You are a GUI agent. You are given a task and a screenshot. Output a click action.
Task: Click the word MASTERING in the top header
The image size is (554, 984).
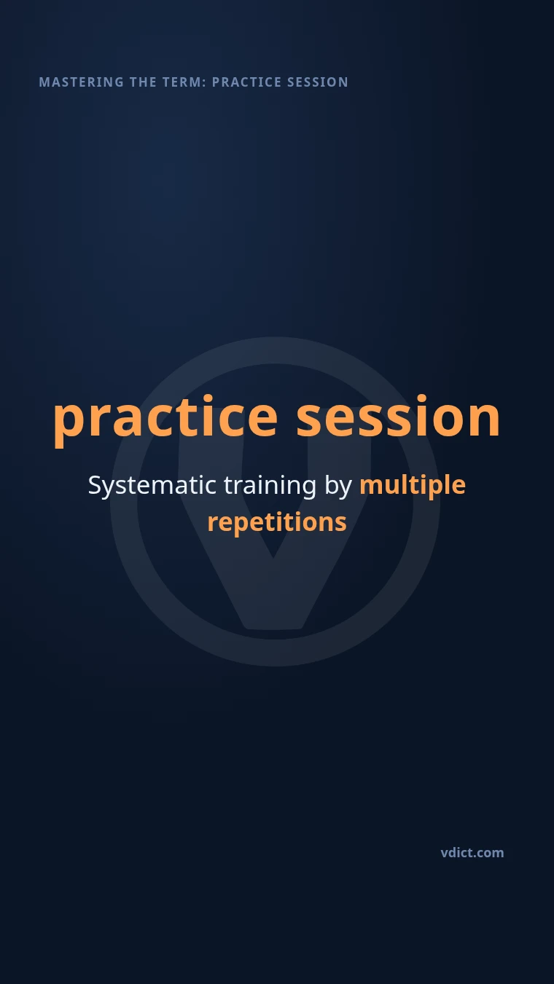[x=82, y=82]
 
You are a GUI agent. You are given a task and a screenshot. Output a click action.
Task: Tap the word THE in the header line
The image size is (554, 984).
[x=143, y=82]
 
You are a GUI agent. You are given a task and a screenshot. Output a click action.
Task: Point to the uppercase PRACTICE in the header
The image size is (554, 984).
[x=246, y=82]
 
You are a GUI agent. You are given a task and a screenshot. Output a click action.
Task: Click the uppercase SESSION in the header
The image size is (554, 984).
[x=317, y=82]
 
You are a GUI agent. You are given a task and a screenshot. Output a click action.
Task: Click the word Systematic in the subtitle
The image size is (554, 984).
[x=152, y=486]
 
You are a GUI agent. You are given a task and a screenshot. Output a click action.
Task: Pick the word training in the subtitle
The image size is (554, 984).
[x=270, y=486]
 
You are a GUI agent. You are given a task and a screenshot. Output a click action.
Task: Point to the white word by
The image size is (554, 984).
[x=338, y=486]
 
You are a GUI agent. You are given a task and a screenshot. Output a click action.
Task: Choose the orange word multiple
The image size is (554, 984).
[x=413, y=486]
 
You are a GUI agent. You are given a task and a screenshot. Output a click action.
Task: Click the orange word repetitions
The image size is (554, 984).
[x=277, y=523]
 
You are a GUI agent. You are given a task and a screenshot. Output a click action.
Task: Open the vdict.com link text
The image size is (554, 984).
[x=472, y=853]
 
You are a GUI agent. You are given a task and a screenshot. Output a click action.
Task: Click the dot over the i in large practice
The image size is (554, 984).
[x=208, y=399]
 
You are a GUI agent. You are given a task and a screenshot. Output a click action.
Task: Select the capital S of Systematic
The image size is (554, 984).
[x=95, y=485]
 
